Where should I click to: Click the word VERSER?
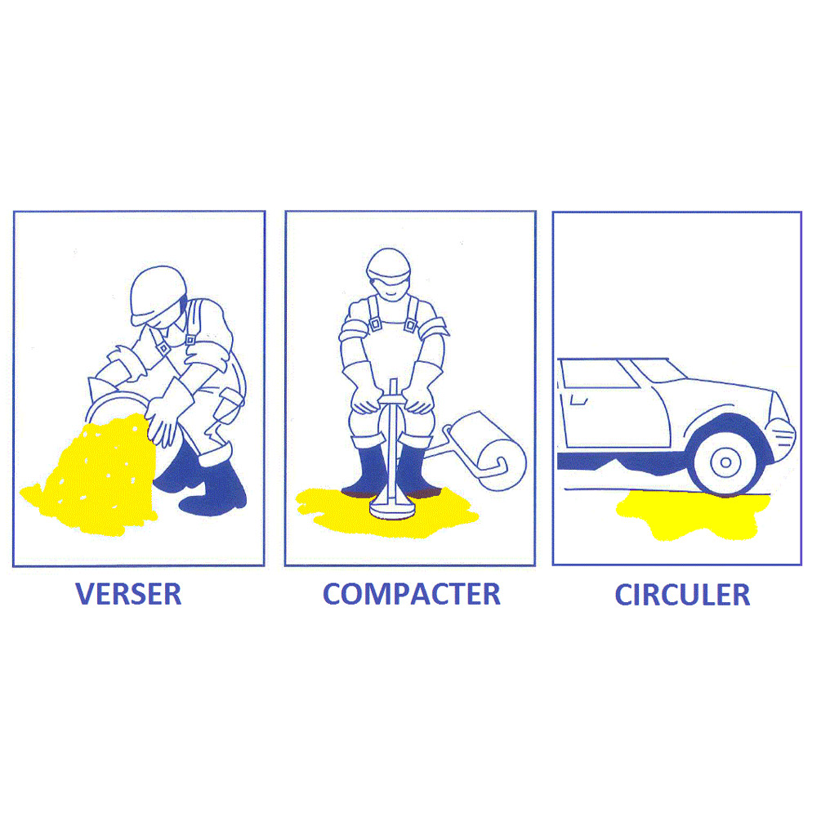128,594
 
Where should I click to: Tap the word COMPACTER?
412,594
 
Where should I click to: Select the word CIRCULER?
682,595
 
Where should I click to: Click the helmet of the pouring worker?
158,294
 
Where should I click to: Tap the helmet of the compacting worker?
389,265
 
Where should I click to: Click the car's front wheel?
725,462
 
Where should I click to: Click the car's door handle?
579,400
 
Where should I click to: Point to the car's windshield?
658,370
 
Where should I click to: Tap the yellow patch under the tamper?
386,512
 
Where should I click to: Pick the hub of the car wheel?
725,462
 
